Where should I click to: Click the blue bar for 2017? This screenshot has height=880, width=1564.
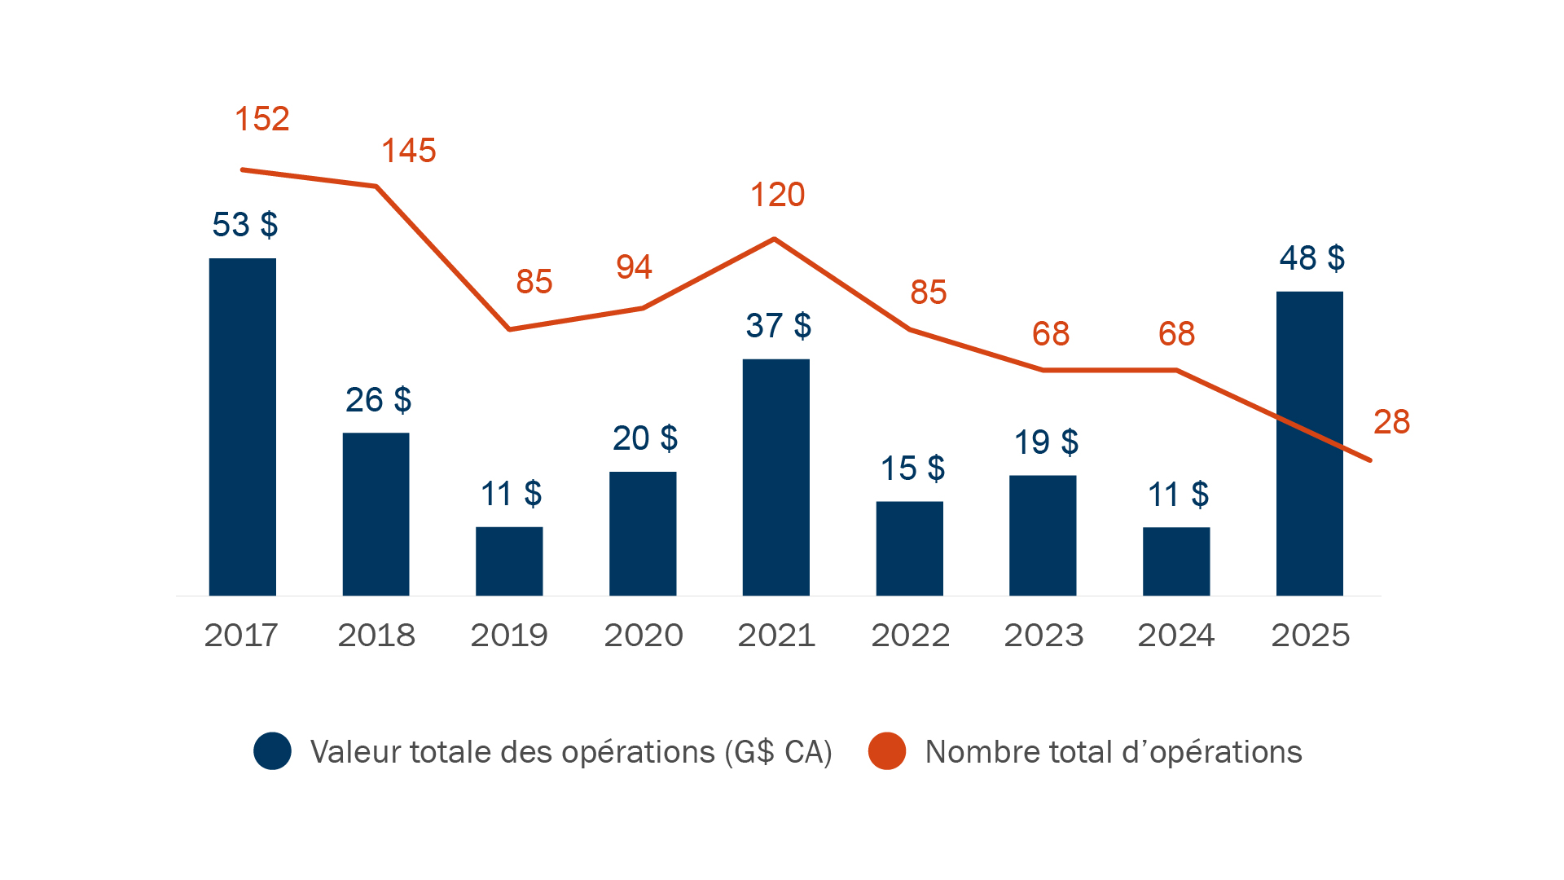(x=242, y=427)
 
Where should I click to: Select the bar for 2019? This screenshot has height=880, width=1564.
(x=509, y=561)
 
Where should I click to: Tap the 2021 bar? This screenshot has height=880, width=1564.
(x=775, y=477)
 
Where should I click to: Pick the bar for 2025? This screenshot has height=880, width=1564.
(x=1309, y=443)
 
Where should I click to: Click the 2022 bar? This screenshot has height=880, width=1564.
(x=909, y=548)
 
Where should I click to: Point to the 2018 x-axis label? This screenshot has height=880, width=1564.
(x=376, y=636)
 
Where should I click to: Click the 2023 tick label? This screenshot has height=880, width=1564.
(x=1043, y=636)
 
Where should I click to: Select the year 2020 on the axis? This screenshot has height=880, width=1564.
(x=643, y=636)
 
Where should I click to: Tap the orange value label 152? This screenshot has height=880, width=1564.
(x=262, y=119)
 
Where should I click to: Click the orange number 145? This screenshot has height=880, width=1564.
(x=409, y=151)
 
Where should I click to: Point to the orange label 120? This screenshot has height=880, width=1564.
(x=777, y=196)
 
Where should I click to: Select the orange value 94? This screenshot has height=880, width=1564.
(x=634, y=267)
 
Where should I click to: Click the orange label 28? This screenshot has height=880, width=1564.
(x=1391, y=422)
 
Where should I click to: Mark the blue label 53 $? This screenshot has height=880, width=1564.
(x=244, y=225)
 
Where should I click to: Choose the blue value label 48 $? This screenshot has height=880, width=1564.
(x=1311, y=258)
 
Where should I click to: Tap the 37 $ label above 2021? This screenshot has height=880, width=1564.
(x=778, y=326)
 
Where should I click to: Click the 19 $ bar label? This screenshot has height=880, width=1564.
(x=1046, y=442)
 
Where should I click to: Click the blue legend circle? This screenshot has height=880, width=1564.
(x=272, y=751)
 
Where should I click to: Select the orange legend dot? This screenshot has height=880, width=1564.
(x=886, y=751)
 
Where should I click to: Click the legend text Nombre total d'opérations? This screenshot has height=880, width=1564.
(x=1113, y=752)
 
